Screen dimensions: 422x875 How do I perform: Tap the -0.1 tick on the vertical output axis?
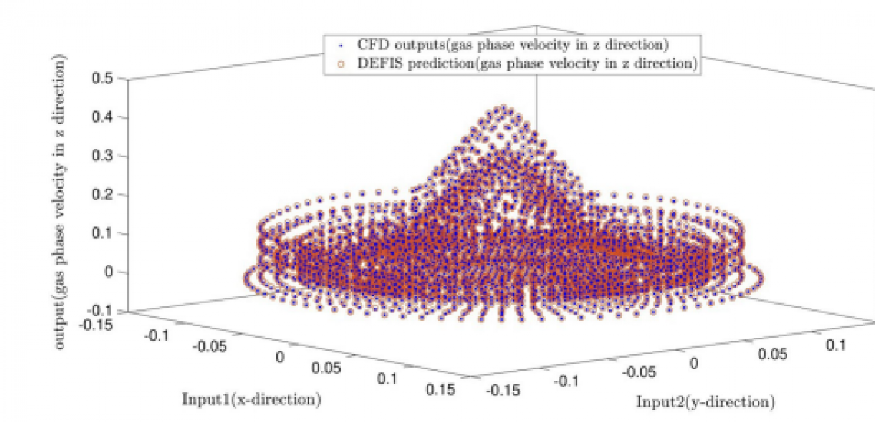click(100, 311)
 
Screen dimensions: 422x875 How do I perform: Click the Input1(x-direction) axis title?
click(251, 400)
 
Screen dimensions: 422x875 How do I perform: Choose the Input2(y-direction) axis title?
click(705, 402)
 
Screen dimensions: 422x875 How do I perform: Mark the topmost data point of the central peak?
click(503, 109)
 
